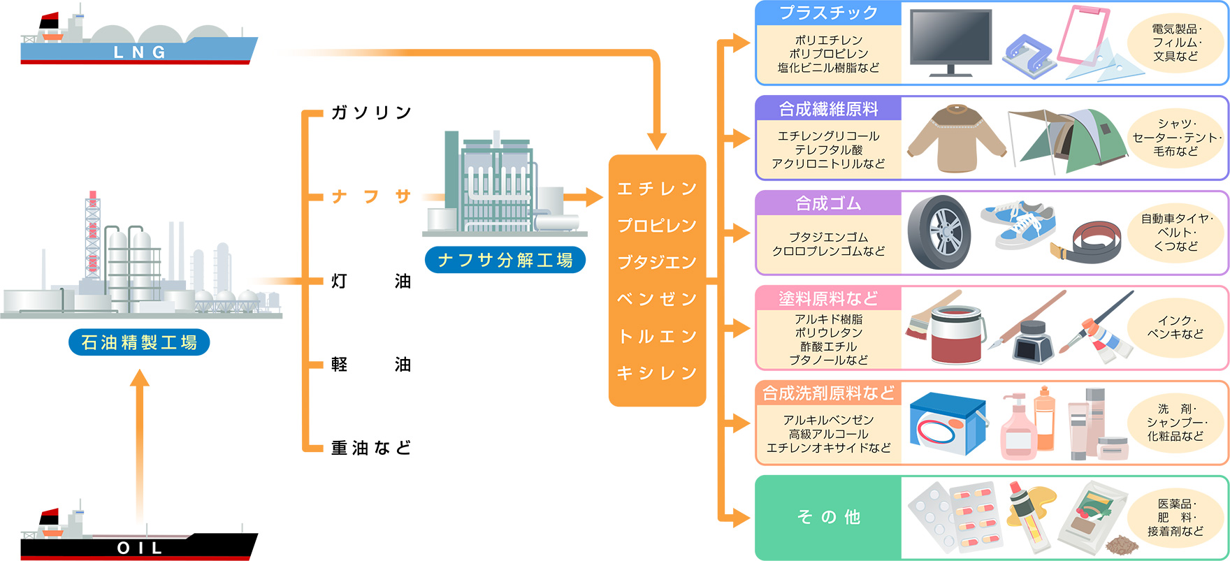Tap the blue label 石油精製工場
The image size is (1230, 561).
tap(139, 342)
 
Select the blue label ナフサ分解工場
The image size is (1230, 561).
tap(505, 260)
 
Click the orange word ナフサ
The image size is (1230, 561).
tap(371, 196)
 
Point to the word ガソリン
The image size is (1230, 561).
tap(371, 112)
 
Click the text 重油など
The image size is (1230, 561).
tap(371, 448)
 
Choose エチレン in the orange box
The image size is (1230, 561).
tap(657, 189)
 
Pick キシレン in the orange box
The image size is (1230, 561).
tap(657, 373)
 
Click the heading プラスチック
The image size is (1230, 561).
tap(828, 13)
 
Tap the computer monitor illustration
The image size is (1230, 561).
tap(950, 42)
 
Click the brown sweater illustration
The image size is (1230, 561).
tap(956, 139)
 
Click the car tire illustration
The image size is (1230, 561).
tap(939, 233)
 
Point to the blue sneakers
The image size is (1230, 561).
tap(1018, 225)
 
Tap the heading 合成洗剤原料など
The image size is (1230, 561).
tap(828, 393)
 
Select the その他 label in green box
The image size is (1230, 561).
tap(828, 517)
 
